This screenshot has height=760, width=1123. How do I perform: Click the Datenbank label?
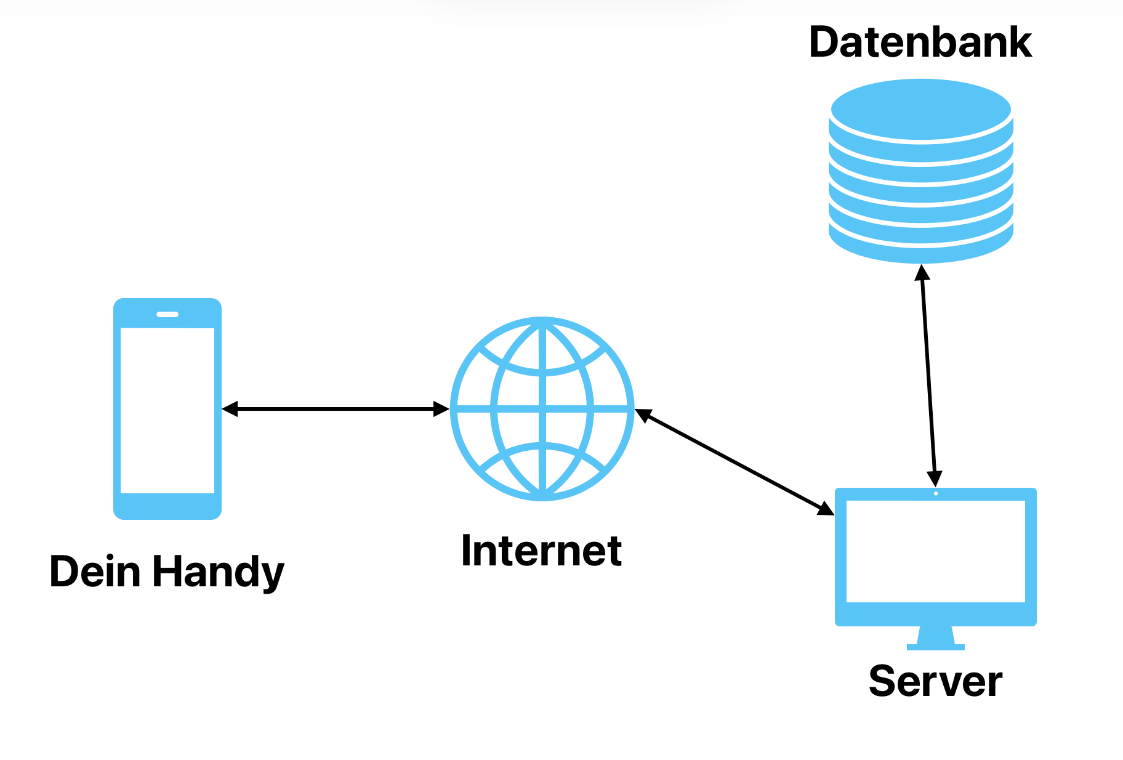(x=920, y=42)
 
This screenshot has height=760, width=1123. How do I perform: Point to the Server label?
(x=935, y=681)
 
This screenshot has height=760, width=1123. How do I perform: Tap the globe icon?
(x=542, y=408)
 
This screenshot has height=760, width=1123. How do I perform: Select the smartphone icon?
(x=167, y=408)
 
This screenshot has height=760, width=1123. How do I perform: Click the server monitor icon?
(x=935, y=557)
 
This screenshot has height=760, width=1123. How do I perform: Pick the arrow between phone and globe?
(x=336, y=409)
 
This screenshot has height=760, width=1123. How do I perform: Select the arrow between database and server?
(x=928, y=376)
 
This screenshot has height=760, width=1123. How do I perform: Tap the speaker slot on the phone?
(x=167, y=314)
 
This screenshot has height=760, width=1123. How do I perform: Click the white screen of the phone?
(x=167, y=410)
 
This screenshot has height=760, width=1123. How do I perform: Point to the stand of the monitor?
(x=935, y=637)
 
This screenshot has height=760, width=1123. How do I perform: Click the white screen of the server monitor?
(x=935, y=551)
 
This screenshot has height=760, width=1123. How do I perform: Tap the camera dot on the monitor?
(x=936, y=493)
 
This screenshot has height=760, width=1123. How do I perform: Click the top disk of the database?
(x=920, y=110)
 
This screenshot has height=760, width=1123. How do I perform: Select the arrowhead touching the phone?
(x=230, y=409)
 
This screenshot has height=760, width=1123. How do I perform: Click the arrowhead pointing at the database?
(x=922, y=272)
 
